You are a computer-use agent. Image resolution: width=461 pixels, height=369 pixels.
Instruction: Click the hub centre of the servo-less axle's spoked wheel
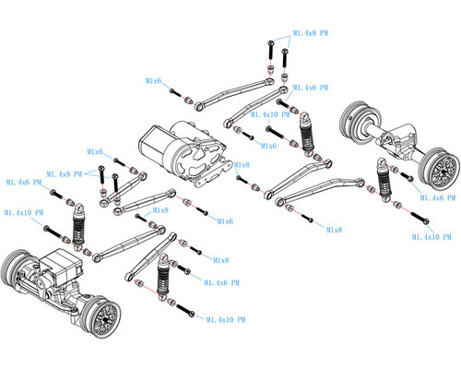tap(443, 172)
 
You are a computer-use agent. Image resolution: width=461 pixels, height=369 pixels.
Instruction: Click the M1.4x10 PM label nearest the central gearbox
tap(270, 114)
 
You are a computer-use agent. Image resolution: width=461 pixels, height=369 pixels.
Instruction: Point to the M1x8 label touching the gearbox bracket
tap(242, 165)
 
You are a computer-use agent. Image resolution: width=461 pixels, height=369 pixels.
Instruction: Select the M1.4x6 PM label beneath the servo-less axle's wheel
tap(438, 197)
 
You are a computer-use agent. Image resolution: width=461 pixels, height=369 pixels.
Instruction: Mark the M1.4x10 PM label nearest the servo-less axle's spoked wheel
tap(431, 237)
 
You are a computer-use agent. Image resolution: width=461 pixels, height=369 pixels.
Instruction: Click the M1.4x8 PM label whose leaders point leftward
tap(311, 33)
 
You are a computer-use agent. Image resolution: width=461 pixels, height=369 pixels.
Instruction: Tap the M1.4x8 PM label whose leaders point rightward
tap(65, 174)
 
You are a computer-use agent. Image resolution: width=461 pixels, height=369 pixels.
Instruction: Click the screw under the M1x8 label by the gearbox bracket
tap(242, 180)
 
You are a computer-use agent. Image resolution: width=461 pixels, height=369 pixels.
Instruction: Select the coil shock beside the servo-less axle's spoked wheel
tap(384, 179)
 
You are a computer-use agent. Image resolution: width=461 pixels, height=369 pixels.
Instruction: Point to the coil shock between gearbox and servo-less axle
tap(306, 133)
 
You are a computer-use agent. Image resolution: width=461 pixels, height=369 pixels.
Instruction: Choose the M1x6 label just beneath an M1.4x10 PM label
tap(268, 146)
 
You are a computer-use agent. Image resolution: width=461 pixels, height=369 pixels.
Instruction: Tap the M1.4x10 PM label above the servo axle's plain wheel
tap(24, 212)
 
